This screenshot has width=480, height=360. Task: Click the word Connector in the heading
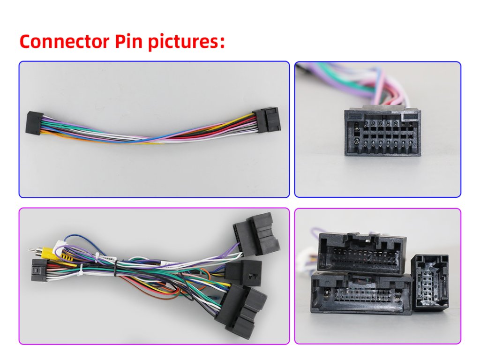coord(64,41)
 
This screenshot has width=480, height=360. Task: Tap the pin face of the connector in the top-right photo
coord(382,134)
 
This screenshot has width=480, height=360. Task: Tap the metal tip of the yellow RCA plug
coord(31,251)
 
